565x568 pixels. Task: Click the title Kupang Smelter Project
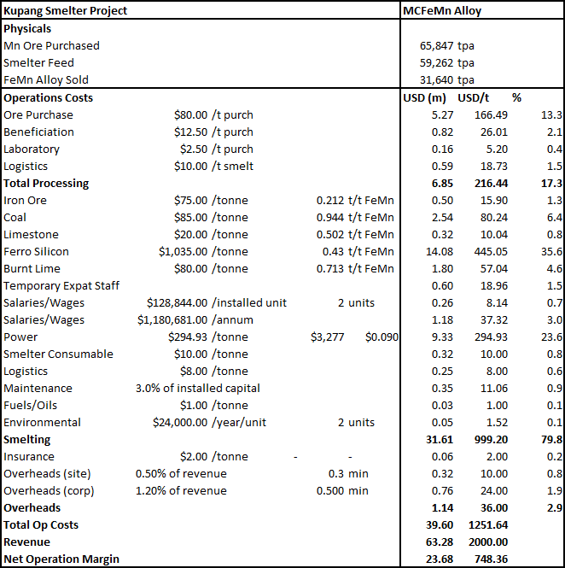[x=65, y=11]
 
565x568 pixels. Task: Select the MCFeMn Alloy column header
[x=442, y=11]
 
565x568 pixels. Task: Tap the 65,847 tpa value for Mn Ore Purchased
[x=446, y=45]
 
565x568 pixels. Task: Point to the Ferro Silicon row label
[x=36, y=251]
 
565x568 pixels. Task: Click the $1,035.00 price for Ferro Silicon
[x=183, y=251]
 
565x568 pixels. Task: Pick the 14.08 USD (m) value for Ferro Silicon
[x=440, y=251]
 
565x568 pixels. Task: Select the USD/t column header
[x=473, y=98]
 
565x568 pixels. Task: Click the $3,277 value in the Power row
[x=327, y=337]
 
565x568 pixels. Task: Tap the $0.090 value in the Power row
[x=382, y=337]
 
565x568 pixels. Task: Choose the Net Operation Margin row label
[x=61, y=559]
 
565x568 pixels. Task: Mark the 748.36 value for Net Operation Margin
[x=491, y=559]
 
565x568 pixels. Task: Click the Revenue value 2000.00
[x=488, y=542]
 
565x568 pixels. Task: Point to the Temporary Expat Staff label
[x=61, y=286]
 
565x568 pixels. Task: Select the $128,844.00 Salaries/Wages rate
[x=177, y=303]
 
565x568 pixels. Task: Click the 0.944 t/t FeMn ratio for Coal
[x=355, y=217]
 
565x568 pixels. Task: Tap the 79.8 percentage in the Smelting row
[x=551, y=439]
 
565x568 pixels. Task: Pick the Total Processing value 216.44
[x=491, y=184]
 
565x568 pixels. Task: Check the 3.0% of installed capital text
[x=198, y=389]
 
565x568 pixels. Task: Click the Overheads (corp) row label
[x=49, y=491]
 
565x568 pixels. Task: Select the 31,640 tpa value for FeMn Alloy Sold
[x=446, y=79]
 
